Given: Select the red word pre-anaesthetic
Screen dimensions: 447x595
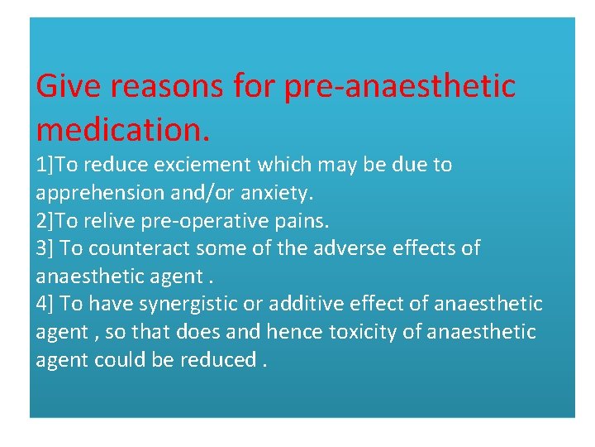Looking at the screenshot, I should pyautogui.click(x=400, y=86).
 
